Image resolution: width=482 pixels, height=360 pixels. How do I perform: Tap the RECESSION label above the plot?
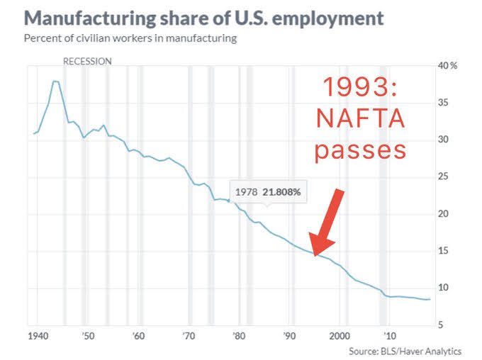(x=87, y=62)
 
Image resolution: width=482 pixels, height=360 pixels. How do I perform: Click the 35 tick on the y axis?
(x=444, y=103)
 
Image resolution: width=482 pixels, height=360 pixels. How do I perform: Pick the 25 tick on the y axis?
(x=444, y=176)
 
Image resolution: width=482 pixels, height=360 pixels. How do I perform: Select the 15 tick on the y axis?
(x=444, y=250)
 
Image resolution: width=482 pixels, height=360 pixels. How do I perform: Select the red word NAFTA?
(x=361, y=119)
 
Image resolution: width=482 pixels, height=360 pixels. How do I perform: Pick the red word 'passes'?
(x=361, y=150)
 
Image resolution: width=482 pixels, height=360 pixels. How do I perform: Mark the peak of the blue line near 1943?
(x=55, y=81)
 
